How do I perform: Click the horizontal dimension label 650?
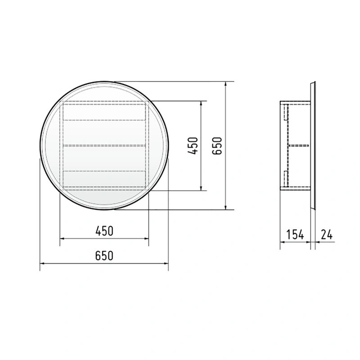104,255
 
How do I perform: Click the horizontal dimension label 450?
104,231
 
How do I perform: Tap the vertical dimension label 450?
193,146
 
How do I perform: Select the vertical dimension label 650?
217,146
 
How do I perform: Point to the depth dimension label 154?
295,234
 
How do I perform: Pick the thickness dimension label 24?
327,234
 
